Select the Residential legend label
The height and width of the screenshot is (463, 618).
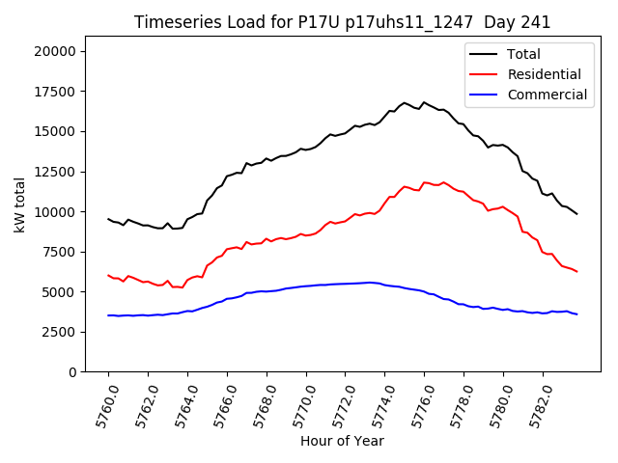pyautogui.click(x=544, y=74)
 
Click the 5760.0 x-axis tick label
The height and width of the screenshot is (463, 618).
pyautogui.click(x=99, y=405)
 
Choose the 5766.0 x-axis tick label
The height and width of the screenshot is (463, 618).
pyautogui.click(x=218, y=405)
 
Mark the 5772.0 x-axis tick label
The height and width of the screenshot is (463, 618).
pyautogui.click(x=337, y=405)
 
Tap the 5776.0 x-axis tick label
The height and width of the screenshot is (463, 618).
pyautogui.click(x=416, y=405)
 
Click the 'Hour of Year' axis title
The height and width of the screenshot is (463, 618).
pyautogui.click(x=341, y=441)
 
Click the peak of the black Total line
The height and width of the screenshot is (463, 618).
pyautogui.click(x=405, y=101)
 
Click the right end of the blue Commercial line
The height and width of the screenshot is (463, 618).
pyautogui.click(x=576, y=314)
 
